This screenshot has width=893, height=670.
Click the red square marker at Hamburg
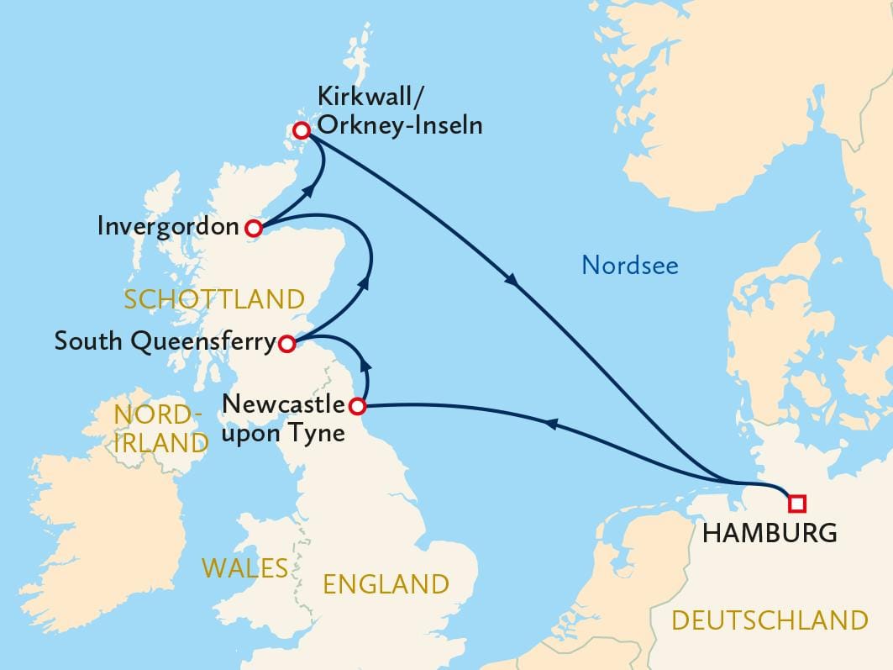pyautogui.click(x=796, y=504)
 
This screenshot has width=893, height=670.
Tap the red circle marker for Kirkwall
pyautogui.click(x=301, y=129)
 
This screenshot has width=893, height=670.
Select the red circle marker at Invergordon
pyautogui.click(x=252, y=227)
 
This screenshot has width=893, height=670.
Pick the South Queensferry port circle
pyautogui.click(x=286, y=343)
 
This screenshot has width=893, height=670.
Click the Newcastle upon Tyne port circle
pyautogui.click(x=357, y=407)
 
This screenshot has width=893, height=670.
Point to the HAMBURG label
pyautogui.click(x=769, y=532)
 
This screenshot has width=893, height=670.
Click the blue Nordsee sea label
pyautogui.click(x=629, y=266)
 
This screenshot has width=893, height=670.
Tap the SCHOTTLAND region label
pyautogui.click(x=213, y=299)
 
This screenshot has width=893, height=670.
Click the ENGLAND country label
pyautogui.click(x=386, y=583)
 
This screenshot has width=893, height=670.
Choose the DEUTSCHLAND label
pyautogui.click(x=770, y=620)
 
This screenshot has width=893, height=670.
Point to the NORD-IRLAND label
pyautogui.click(x=160, y=428)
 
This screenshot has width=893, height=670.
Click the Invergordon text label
pyautogui.click(x=168, y=226)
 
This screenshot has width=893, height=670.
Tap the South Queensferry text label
pyautogui.click(x=164, y=342)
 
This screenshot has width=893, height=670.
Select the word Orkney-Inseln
pyautogui.click(x=399, y=125)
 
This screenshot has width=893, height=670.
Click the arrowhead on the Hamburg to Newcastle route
pyautogui.click(x=552, y=426)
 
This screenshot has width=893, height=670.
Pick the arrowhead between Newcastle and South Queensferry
pyautogui.click(x=365, y=363)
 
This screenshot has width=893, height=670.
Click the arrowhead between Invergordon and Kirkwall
pyautogui.click(x=308, y=192)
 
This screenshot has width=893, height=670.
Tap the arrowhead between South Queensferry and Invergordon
pyautogui.click(x=365, y=283)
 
